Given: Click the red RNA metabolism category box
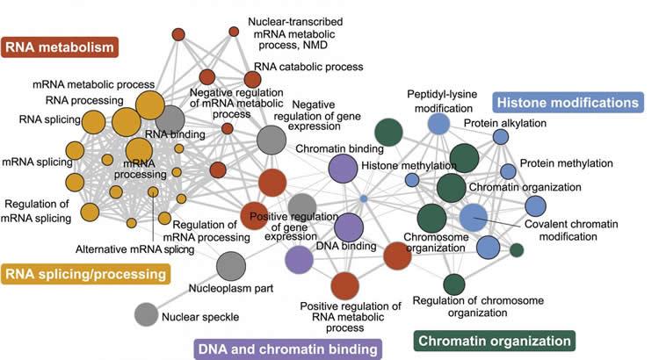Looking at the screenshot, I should pyautogui.click(x=60, y=46).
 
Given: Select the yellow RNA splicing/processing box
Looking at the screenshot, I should pyautogui.click(x=85, y=275).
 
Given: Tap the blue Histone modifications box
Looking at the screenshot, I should pyautogui.click(x=567, y=103).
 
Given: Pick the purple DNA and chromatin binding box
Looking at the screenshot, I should pyautogui.click(x=288, y=349).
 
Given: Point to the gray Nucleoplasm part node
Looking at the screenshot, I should pyautogui.click(x=230, y=264).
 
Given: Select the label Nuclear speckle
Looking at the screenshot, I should pyautogui.click(x=201, y=315).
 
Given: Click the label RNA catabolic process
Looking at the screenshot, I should pyautogui.click(x=301, y=66).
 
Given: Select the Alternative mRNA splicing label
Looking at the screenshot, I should pyautogui.click(x=134, y=248).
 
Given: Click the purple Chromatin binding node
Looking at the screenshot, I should pyautogui.click(x=344, y=168).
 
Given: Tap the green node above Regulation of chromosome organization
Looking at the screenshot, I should pyautogui.click(x=453, y=284).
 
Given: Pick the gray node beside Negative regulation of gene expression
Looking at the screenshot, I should pyautogui.click(x=272, y=139).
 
